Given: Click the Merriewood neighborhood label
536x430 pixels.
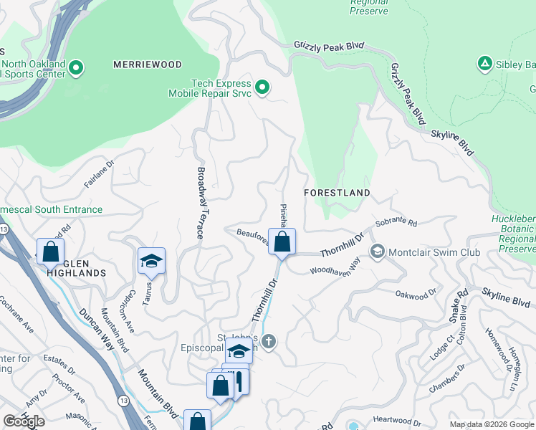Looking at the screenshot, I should [x=148, y=64].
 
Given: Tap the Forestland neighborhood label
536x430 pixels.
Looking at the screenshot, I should [x=337, y=193].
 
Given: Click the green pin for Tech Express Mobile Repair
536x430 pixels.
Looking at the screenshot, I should [x=262, y=88].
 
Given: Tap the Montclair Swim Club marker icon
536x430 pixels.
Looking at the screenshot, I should [x=377, y=252].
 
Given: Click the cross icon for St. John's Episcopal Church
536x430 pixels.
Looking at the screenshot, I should [x=269, y=341].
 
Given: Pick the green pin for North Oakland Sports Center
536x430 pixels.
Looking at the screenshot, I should [x=77, y=69].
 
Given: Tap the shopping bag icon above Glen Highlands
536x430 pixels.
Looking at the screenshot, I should [x=50, y=251].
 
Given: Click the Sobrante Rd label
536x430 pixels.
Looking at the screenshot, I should [x=396, y=222].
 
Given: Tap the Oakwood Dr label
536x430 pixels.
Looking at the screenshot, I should [x=416, y=293].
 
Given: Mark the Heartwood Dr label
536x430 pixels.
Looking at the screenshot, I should [x=396, y=420].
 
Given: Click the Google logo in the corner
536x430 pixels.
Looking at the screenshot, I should [x=24, y=421].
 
